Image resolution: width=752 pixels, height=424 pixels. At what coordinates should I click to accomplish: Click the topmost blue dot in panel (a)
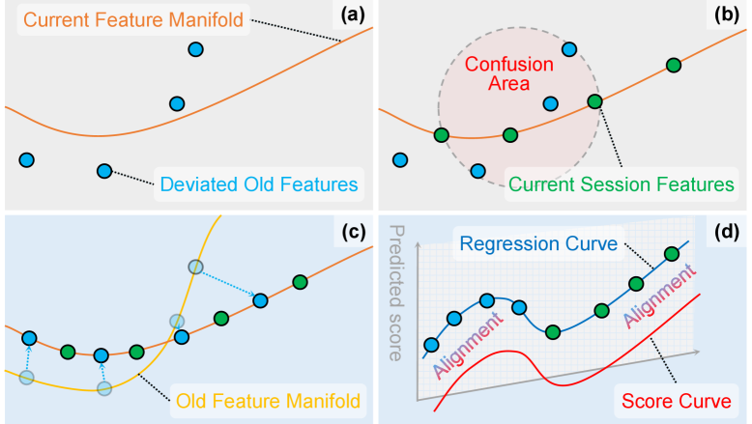coord(196,49)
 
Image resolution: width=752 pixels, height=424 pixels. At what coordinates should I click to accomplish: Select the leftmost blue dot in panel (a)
coord(27,159)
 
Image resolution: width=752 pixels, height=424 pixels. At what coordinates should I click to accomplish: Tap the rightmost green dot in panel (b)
coord(673,66)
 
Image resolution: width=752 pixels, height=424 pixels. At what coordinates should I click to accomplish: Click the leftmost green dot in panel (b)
coord(442,136)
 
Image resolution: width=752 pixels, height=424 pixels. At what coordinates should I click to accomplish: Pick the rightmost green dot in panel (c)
coord(301,282)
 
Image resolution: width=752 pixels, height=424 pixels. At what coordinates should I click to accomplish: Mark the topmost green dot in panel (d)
coord(671,254)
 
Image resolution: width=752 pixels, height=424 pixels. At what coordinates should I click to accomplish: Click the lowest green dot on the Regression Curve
coord(553,332)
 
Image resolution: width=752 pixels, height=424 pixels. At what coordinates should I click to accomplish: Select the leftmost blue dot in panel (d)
coord(431,344)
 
